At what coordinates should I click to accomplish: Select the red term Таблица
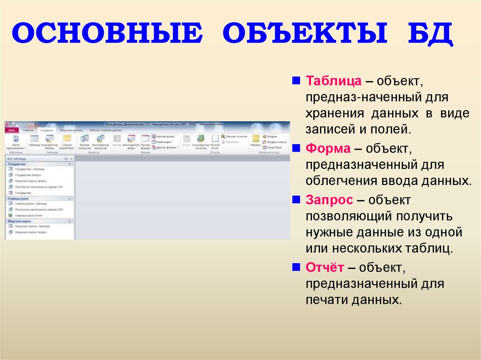[x=334, y=81]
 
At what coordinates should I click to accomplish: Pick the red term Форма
[x=328, y=149]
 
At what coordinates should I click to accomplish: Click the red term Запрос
[x=330, y=200]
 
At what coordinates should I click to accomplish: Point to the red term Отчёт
[x=325, y=268]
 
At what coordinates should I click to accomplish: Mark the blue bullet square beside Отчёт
[x=296, y=267]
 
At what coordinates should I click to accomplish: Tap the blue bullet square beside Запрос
[x=296, y=199]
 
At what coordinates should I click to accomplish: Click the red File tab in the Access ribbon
[x=12, y=130]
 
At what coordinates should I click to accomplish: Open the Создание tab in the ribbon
[x=47, y=130]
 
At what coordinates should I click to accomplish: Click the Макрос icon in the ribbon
[x=256, y=140]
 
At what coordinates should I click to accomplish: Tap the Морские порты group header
[x=20, y=221]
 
